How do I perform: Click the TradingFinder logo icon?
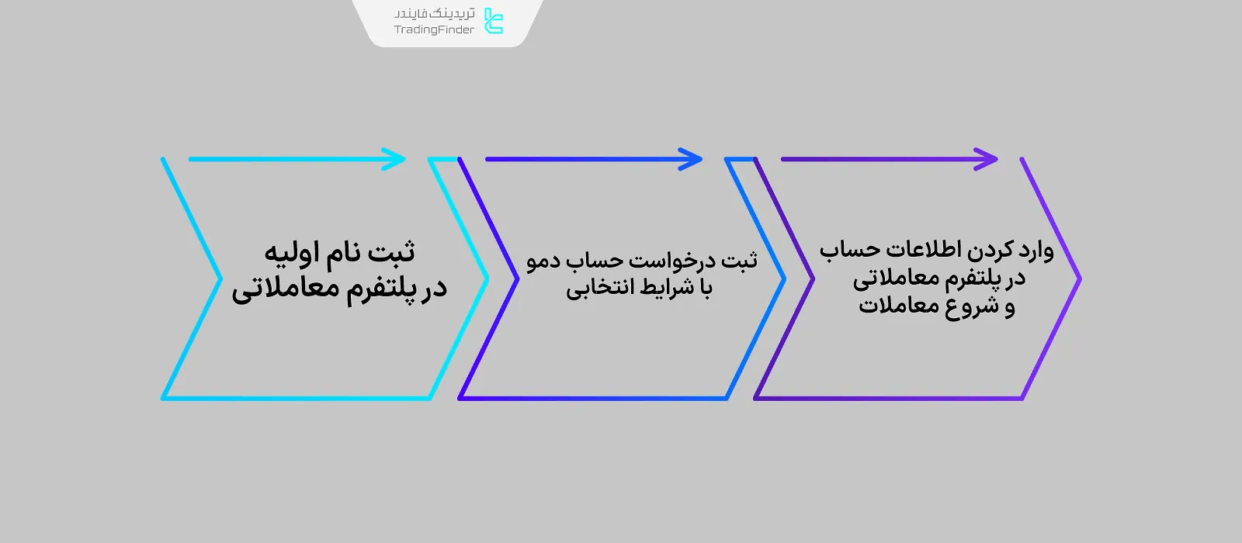click(494, 21)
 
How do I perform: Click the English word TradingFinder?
click(434, 30)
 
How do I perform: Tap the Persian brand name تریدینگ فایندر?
click(434, 13)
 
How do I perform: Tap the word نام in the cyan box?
click(342, 253)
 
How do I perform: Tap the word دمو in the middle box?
click(543, 261)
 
